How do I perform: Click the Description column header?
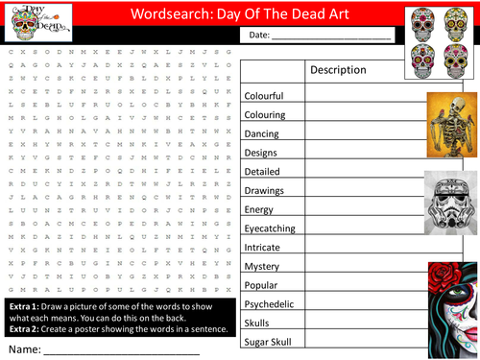click(338, 70)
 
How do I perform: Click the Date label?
click(260, 36)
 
